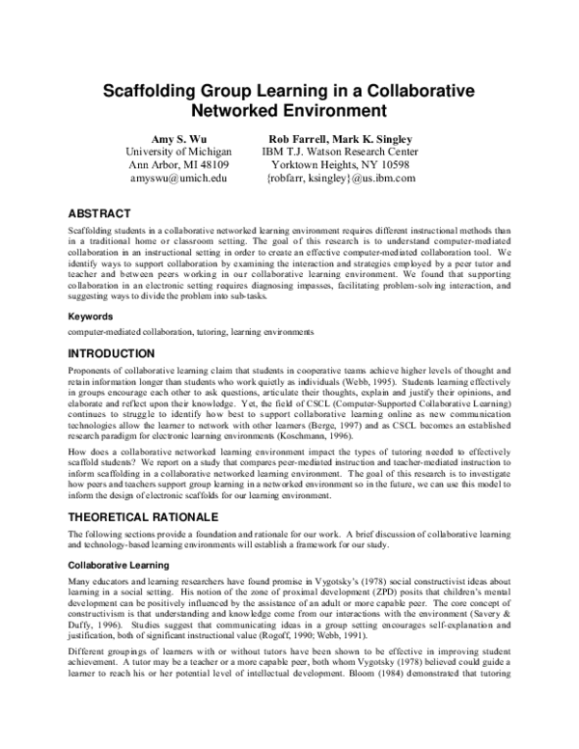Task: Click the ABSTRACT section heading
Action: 103,210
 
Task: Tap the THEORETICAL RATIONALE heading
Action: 151,516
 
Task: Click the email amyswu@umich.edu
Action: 179,180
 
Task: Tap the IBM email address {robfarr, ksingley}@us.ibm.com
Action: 340,180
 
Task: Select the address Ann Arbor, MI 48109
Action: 179,165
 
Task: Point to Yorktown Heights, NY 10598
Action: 340,165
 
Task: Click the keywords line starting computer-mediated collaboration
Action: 190,331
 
